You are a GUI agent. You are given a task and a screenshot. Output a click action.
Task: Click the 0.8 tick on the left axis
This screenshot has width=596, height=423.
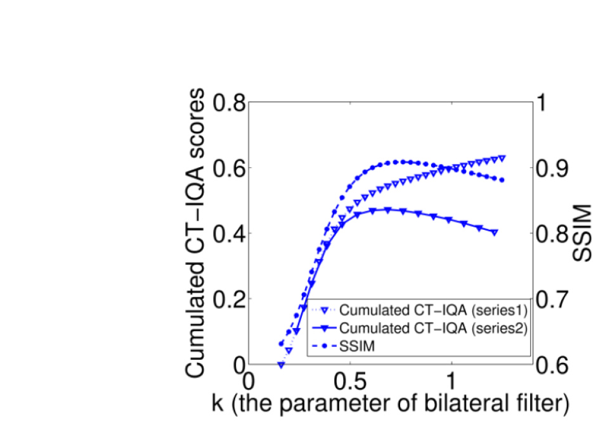pos(231,103)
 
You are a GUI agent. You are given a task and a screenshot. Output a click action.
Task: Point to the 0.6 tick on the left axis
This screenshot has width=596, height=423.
pos(231,168)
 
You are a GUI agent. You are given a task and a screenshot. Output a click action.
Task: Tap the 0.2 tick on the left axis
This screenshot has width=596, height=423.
pos(231,299)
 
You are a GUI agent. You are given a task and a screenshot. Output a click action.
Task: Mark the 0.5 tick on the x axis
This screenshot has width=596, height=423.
pos(350,382)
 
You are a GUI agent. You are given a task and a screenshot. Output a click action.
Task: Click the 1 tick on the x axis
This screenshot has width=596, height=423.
pos(451,382)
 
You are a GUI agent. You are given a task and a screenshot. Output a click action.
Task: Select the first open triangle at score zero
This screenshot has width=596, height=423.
pos(281,365)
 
